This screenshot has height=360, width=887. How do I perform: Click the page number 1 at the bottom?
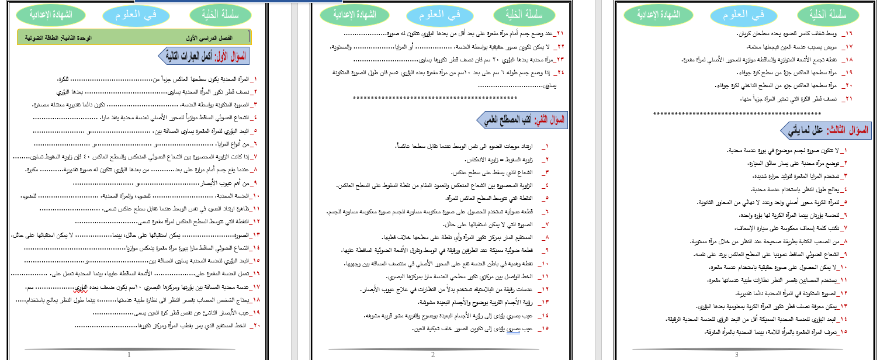(129, 354)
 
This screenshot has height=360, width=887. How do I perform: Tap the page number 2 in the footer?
(433, 354)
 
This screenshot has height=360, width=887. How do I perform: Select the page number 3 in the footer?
(736, 354)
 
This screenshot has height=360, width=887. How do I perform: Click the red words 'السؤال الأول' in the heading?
(230, 56)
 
